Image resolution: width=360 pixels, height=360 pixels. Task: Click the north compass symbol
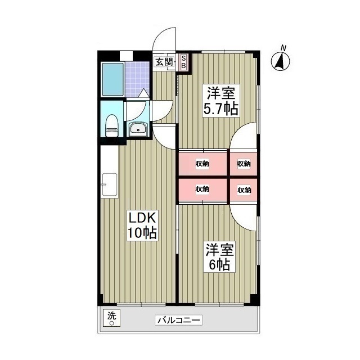281,60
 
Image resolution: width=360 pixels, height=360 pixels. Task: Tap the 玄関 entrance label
164,62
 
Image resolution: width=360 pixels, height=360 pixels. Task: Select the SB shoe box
183,62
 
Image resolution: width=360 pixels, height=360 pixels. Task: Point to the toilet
112,125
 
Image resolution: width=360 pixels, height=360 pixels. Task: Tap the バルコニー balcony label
178,321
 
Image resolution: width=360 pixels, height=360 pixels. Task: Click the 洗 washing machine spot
111,318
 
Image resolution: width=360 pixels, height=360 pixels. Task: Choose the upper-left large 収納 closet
202,164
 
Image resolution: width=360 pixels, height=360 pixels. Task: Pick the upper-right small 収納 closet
244,164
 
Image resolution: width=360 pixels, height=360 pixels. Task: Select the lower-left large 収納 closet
202,190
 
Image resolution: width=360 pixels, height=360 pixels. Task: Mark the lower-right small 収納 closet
244,190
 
